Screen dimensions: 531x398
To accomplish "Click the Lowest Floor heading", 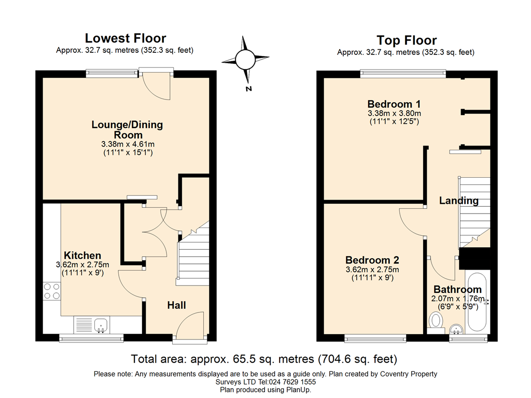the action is click(x=125, y=38).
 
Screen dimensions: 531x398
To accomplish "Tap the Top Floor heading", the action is click(x=407, y=40).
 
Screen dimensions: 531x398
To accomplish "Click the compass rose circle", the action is click(x=245, y=60).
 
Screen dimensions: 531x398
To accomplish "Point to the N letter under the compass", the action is click(x=249, y=89).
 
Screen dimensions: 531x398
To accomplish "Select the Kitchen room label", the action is click(x=82, y=255).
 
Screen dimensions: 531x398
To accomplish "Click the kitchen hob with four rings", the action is click(x=52, y=291).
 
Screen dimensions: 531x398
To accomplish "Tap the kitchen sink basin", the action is click(x=101, y=325).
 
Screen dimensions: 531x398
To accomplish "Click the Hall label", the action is click(x=176, y=305).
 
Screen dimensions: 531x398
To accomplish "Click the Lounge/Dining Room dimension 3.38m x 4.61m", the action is click(x=128, y=144).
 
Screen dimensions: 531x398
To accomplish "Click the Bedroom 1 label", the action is click(x=394, y=104).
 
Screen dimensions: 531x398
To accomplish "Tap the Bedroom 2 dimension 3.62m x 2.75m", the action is click(x=372, y=269).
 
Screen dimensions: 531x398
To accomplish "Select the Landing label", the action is click(x=459, y=201).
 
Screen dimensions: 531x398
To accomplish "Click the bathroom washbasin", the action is click(x=457, y=329).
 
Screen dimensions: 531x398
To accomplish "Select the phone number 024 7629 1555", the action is click(x=292, y=382).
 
